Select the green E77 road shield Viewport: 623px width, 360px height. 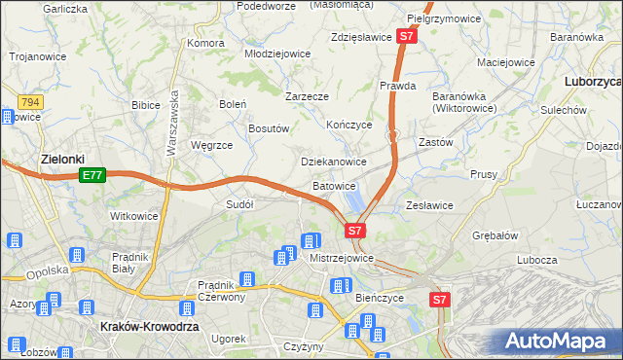click(x=92, y=175)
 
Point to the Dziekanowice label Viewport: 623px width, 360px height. click(x=333, y=162)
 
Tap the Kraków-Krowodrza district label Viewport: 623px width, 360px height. click(x=150, y=328)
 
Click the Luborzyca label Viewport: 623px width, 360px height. click(x=593, y=83)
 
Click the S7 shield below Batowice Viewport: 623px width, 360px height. click(x=355, y=231)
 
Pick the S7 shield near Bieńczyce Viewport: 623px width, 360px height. click(x=441, y=301)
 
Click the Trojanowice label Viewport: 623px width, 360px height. click(x=37, y=56)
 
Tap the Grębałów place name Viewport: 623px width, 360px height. click(x=494, y=235)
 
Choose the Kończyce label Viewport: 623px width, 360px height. click(x=349, y=125)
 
